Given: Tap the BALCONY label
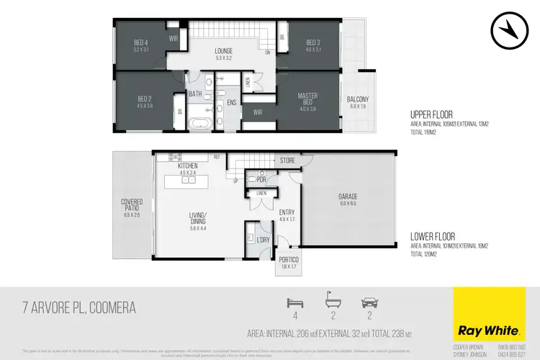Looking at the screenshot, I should point(358,99).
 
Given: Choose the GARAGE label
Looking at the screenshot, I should point(348,197).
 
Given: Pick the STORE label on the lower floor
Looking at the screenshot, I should point(288,160).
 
